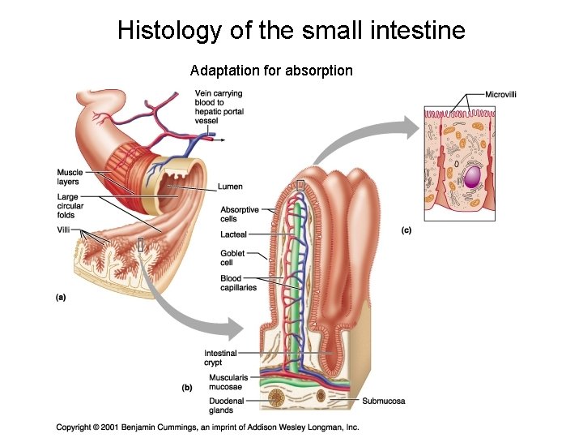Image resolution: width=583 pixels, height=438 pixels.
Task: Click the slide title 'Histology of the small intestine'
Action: (x=291, y=31)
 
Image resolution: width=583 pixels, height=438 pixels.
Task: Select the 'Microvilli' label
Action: (x=501, y=95)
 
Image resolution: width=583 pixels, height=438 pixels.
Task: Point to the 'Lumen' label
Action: (x=230, y=187)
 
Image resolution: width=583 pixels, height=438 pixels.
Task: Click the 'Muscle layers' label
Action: (x=70, y=177)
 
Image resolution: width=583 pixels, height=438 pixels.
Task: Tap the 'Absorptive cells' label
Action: (x=240, y=214)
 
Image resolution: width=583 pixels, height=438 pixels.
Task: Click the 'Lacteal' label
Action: (x=234, y=234)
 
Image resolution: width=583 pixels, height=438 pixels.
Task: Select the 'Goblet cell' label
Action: (x=232, y=258)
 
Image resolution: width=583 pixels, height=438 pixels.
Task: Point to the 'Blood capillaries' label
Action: (x=238, y=283)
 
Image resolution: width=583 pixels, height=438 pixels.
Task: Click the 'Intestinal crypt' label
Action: (x=220, y=358)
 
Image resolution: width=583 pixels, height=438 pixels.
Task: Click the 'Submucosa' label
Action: (x=384, y=401)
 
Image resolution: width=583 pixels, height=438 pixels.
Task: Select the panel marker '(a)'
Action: (x=61, y=297)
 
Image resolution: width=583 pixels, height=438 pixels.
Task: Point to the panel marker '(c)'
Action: (x=406, y=230)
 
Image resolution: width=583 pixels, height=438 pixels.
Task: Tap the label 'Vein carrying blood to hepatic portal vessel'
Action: (x=219, y=107)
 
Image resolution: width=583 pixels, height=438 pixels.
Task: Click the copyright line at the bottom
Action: (x=207, y=427)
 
